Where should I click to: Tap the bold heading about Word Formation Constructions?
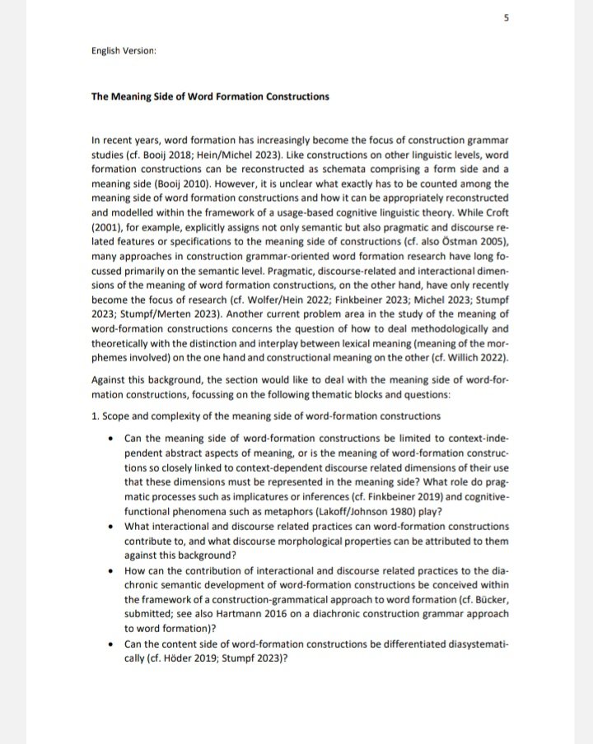click(x=210, y=96)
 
